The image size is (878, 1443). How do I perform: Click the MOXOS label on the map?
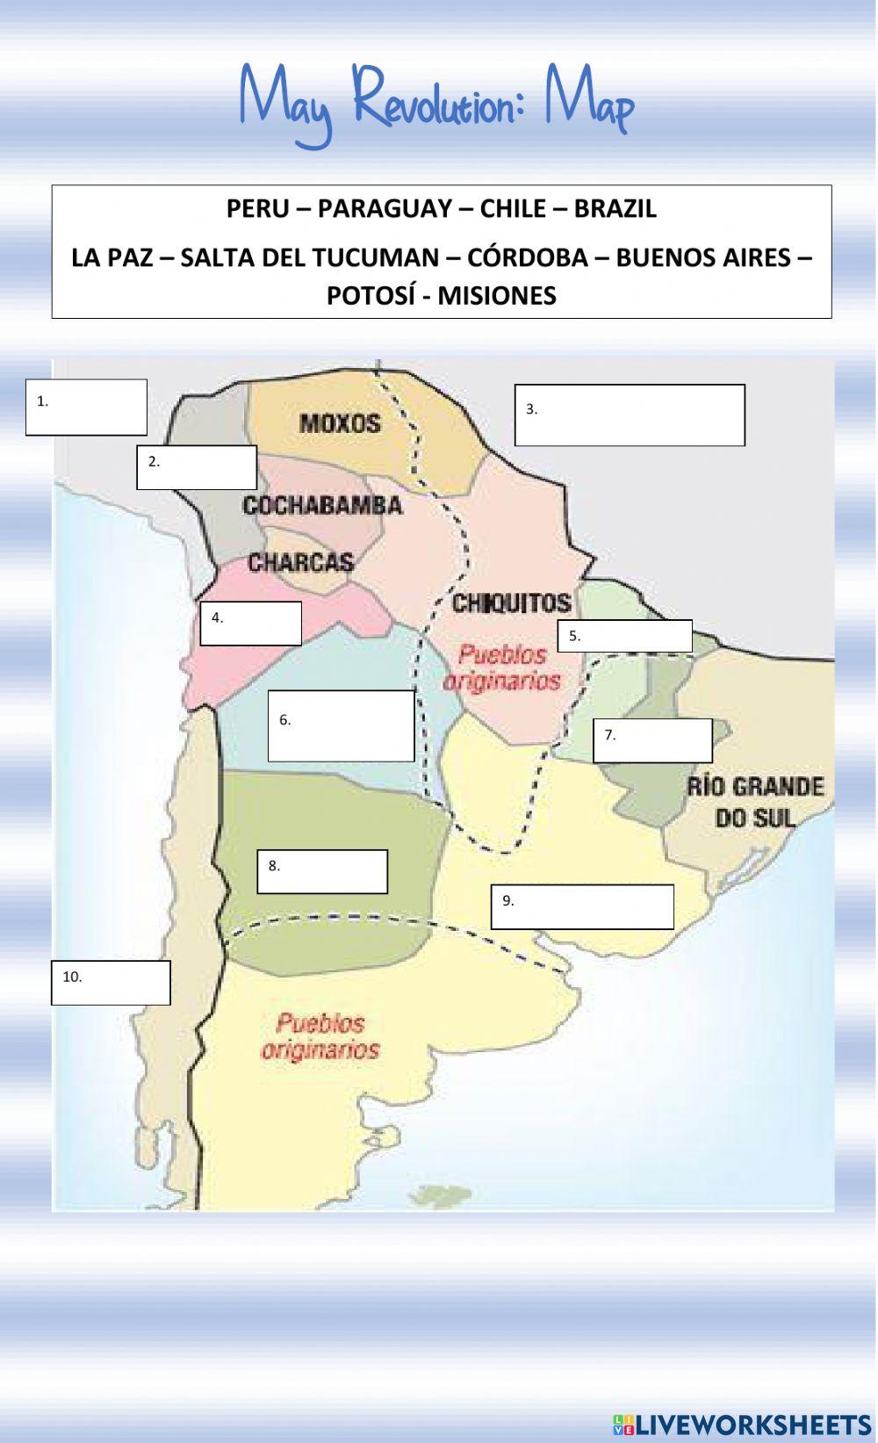coord(340,423)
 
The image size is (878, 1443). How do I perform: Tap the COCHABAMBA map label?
coord(322,506)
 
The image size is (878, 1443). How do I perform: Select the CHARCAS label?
coord(300,562)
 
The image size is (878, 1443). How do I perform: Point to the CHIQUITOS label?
coord(511,603)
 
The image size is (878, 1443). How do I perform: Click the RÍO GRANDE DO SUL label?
coord(755,802)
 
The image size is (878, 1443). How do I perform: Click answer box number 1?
coord(86,407)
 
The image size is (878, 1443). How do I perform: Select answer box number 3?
coord(630,415)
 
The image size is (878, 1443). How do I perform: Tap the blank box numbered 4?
coord(250,624)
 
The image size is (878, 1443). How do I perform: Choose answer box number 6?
coord(341,725)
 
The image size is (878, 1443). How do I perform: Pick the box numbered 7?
coord(652,740)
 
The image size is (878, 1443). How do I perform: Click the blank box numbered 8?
coord(322,871)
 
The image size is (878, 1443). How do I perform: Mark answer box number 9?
coord(582,906)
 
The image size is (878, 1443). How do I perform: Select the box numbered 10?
coord(111,982)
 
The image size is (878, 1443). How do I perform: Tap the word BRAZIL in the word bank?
coord(615,209)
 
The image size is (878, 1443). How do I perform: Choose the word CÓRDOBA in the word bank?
coord(528,257)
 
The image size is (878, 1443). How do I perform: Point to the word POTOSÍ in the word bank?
coord(369,296)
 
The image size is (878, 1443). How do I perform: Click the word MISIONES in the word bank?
coord(497,296)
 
